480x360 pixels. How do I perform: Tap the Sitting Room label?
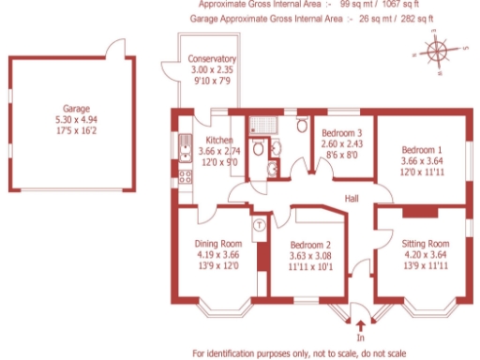coord(419,241)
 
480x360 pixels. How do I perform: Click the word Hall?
coord(352,199)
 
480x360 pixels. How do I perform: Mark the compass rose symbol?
coord(436,50)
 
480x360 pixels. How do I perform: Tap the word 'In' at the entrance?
coord(361,336)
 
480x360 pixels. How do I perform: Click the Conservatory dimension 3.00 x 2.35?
coord(211,70)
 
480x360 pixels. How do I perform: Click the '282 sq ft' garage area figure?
coord(412,18)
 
